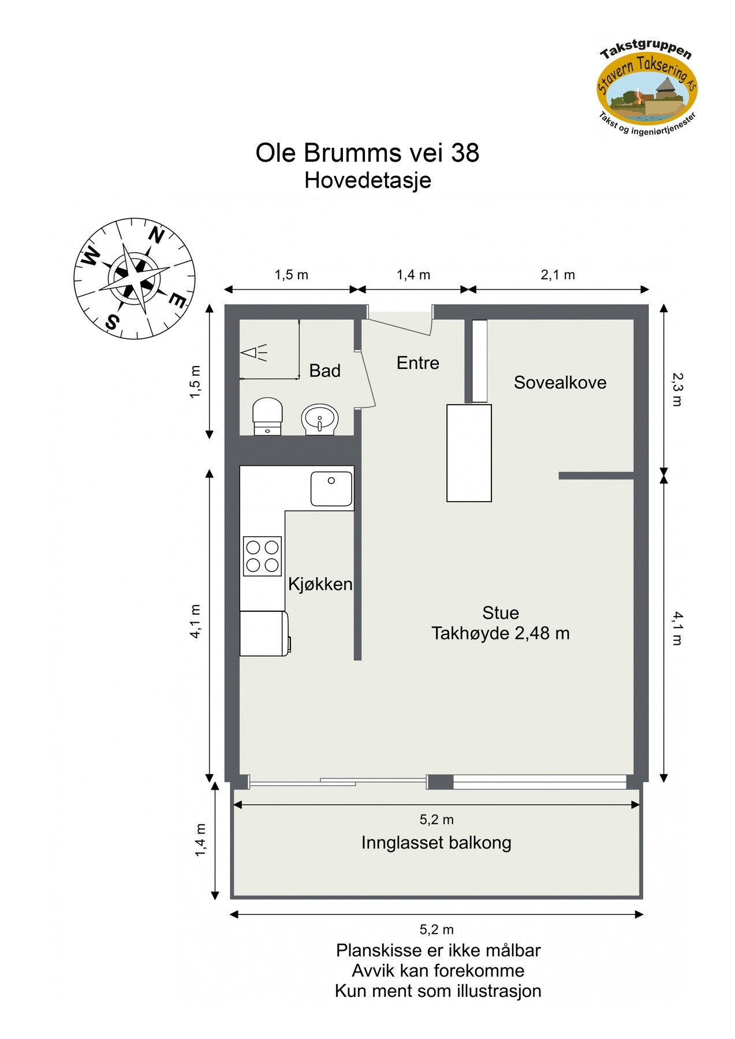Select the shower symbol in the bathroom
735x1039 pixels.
click(255, 352)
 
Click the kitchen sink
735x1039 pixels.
click(331, 488)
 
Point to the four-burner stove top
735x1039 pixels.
click(262, 556)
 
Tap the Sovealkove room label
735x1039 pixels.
click(559, 383)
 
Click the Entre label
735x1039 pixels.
click(417, 363)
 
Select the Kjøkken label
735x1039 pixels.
click(320, 584)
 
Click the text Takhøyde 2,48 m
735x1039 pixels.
click(500, 633)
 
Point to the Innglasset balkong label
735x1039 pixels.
click(436, 843)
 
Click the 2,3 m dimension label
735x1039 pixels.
click(676, 388)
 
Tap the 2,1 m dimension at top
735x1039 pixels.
click(557, 275)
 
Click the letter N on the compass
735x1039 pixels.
click(156, 235)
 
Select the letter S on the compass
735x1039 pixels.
click(113, 322)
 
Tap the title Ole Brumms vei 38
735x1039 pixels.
click(367, 153)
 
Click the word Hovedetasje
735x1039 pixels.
click(367, 181)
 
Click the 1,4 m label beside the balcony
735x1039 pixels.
click(200, 840)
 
